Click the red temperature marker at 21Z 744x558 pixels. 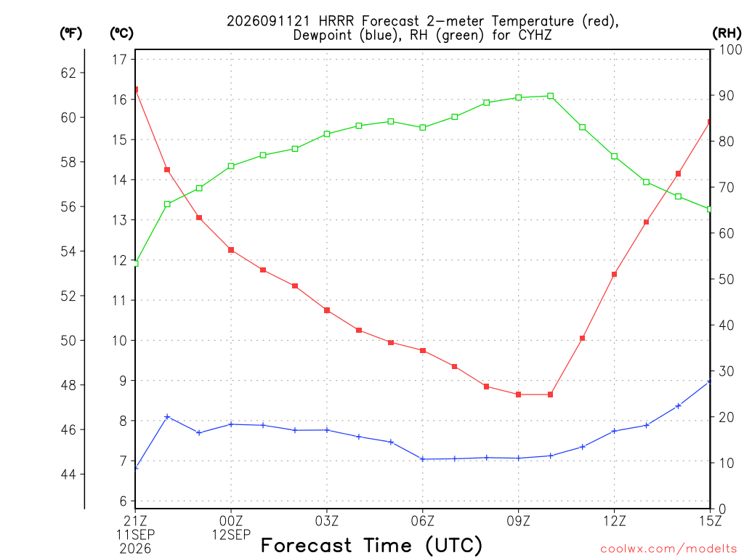pos(136,89)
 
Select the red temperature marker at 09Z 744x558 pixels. pos(519,395)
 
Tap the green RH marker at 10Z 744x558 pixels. pos(551,96)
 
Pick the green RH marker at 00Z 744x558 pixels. pos(231,166)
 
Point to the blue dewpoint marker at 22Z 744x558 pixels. pos(167,416)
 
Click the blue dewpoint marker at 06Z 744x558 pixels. pos(423,459)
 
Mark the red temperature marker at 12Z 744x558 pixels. pos(615,274)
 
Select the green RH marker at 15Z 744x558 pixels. pos(709,209)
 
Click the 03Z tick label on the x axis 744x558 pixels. pos(327,521)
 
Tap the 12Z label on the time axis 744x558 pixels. pos(615,521)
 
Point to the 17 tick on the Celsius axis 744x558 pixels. pos(120,60)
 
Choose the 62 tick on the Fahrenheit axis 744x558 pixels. pos(68,73)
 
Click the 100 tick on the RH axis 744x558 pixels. pos(731,49)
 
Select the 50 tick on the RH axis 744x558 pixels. pos(727,279)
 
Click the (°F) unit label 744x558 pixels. pos(70,33)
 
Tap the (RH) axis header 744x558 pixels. pos(727,33)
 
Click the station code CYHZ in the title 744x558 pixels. pos(535,35)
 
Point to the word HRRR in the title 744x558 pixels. pos(336,21)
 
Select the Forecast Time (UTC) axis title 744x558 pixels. pos(371,545)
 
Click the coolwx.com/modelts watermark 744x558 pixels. pos(668,549)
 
